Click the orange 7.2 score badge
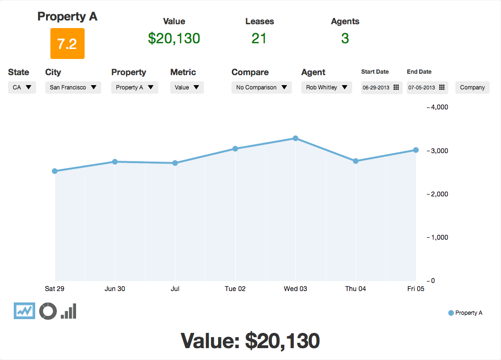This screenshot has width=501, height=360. (x=67, y=44)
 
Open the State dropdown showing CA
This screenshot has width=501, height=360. (x=22, y=88)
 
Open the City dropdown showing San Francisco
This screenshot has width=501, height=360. (x=73, y=88)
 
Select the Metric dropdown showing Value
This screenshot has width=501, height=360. (x=187, y=88)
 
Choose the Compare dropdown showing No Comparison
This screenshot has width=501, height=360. (x=261, y=88)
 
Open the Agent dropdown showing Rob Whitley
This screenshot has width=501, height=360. (x=327, y=88)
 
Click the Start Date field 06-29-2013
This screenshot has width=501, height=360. (x=381, y=88)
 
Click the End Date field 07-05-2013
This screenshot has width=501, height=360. (x=427, y=88)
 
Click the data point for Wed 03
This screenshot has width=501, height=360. (x=295, y=138)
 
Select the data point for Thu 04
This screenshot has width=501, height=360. (x=356, y=161)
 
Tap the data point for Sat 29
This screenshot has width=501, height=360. (x=55, y=171)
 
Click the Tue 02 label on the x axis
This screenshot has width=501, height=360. (x=235, y=289)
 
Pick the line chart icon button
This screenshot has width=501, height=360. (x=24, y=311)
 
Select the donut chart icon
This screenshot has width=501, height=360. (x=48, y=311)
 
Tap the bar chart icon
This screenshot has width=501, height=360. (x=69, y=311)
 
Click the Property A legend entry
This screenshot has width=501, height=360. (x=465, y=313)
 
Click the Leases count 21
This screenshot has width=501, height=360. (x=259, y=39)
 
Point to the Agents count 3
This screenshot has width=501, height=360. (x=345, y=39)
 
